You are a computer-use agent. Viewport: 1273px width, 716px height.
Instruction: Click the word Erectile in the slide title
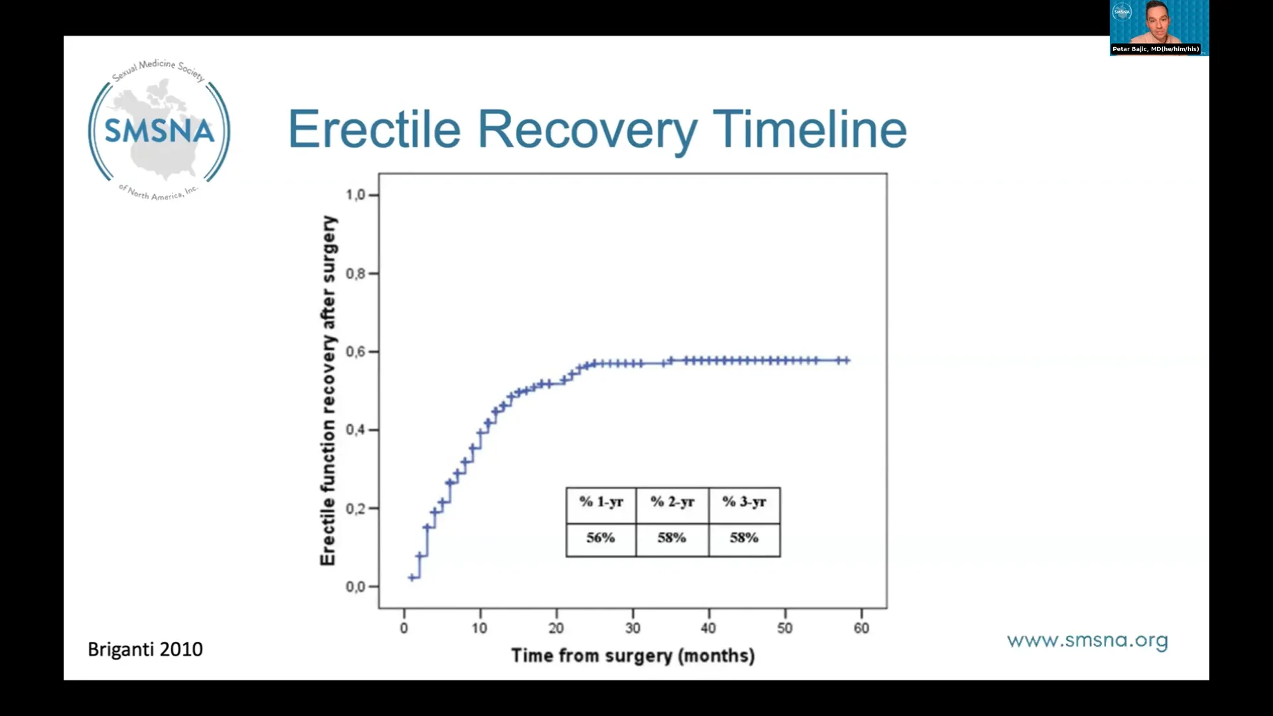click(x=374, y=129)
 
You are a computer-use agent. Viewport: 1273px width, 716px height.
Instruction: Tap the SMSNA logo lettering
click(x=159, y=131)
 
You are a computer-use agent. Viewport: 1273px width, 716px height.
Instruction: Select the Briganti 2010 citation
click(x=145, y=649)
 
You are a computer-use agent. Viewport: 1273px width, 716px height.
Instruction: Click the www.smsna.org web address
click(x=1087, y=640)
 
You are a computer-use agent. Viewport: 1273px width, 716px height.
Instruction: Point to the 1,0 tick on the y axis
click(x=355, y=195)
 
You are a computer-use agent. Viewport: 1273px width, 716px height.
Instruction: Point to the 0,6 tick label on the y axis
click(x=355, y=351)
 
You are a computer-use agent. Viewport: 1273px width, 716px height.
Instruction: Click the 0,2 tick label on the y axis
click(x=355, y=508)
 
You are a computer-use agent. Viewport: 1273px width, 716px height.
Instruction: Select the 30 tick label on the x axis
click(x=633, y=628)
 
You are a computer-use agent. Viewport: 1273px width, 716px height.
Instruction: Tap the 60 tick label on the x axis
click(x=861, y=628)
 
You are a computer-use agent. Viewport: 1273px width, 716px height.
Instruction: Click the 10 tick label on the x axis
click(x=479, y=628)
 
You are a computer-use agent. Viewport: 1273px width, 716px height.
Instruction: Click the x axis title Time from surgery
click(x=633, y=656)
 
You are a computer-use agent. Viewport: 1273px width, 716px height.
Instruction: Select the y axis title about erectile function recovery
click(x=328, y=391)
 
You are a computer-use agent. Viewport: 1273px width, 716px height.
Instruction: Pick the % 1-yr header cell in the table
click(x=601, y=502)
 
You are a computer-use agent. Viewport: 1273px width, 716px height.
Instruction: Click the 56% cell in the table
click(x=601, y=538)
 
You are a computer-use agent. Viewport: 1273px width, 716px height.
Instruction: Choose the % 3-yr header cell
click(x=744, y=502)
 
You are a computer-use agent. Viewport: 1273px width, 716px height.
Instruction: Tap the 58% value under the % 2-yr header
click(x=672, y=538)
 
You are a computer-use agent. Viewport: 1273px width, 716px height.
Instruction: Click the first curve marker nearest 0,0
click(x=412, y=577)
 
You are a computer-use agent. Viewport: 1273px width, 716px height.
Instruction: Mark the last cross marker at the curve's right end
click(x=846, y=361)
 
